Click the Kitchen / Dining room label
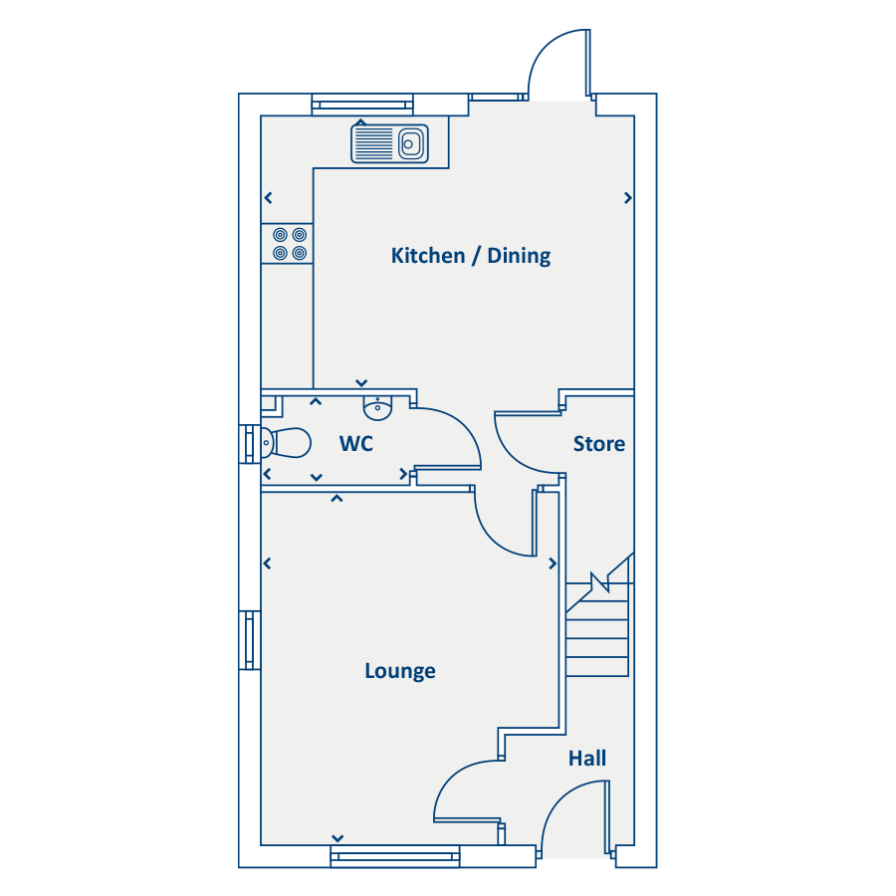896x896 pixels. point(470,256)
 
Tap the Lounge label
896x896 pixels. point(400,671)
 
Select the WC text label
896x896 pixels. point(356,444)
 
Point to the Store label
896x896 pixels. point(599,444)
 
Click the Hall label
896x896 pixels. point(586,759)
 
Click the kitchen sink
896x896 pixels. point(389,143)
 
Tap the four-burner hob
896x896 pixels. point(288,244)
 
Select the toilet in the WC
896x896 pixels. point(286,443)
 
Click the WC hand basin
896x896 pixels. point(377,408)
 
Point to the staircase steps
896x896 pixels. point(598,628)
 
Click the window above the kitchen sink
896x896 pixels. point(362,105)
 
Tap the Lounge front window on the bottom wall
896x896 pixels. point(395,856)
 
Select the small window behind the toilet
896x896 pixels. point(250,444)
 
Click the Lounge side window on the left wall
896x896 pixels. point(250,640)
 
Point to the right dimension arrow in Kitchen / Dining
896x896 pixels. point(628,198)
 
